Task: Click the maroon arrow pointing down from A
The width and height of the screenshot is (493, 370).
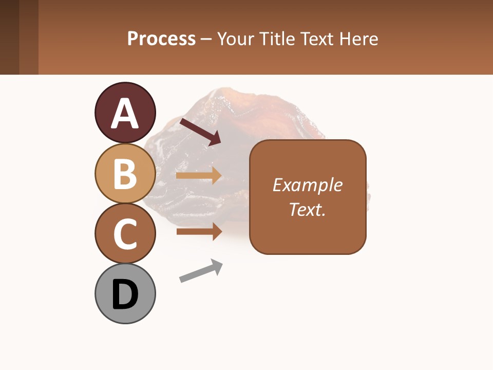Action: (x=200, y=132)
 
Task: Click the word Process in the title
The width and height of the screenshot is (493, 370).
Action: (x=161, y=39)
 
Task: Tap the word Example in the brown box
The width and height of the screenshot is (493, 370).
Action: (x=307, y=185)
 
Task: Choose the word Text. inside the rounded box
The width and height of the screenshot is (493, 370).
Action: (x=307, y=209)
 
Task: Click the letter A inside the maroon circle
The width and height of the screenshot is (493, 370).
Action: (x=125, y=114)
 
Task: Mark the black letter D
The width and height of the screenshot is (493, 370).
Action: (x=125, y=295)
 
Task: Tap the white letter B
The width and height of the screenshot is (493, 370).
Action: (x=125, y=174)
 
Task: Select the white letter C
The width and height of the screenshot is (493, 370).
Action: (x=125, y=234)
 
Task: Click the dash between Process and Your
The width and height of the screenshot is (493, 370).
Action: (x=206, y=40)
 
